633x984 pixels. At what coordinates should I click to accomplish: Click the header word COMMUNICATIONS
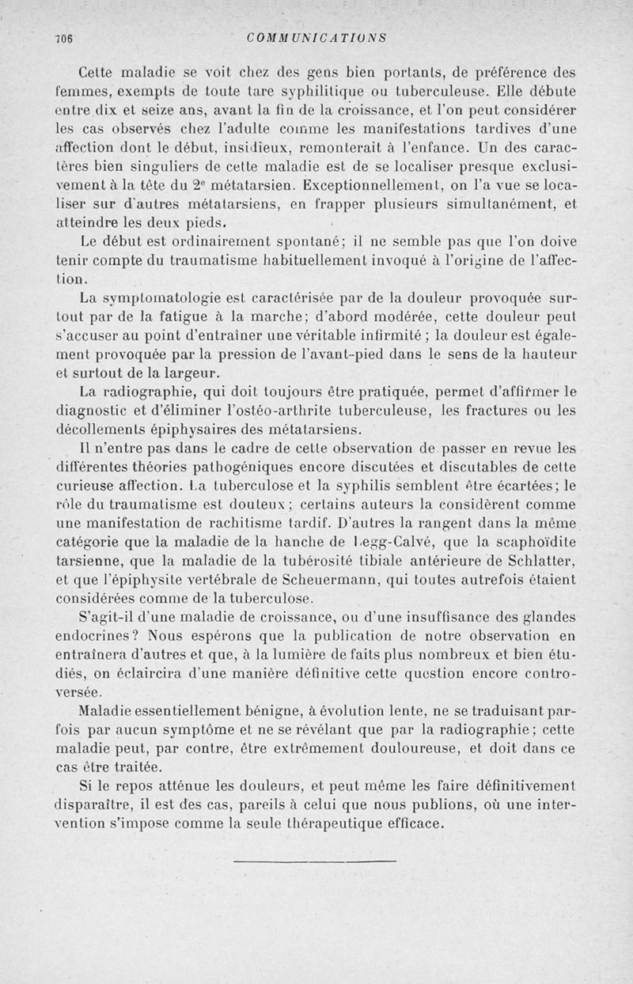(316, 36)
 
